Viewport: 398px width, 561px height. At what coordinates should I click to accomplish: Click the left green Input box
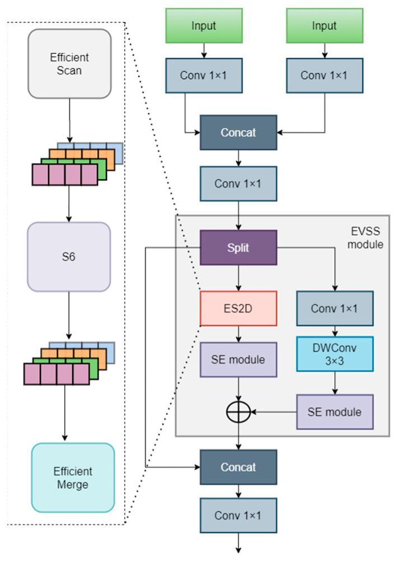203,26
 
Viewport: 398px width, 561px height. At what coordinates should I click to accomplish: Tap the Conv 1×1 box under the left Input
203,75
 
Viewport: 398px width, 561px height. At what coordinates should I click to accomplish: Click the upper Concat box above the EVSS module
238,133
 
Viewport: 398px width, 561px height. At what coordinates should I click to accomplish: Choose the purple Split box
238,247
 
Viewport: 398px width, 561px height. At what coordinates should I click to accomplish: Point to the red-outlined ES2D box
238,307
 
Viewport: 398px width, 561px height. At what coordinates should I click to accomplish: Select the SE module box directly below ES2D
238,359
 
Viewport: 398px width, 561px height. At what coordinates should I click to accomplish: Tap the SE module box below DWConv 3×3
335,412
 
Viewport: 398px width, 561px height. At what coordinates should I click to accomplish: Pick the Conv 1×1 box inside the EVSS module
335,307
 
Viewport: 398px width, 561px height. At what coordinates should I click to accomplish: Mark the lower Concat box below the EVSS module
238,466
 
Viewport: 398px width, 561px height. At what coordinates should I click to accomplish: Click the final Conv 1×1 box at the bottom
238,515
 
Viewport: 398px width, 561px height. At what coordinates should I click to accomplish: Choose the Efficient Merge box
73,477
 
